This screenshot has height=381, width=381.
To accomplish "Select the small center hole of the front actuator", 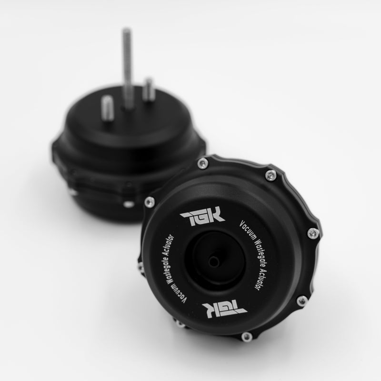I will tap(213, 262).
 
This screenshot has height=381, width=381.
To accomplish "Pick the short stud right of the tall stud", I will tap(149, 90).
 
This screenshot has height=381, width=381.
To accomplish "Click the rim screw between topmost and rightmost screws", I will tap(271, 176).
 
